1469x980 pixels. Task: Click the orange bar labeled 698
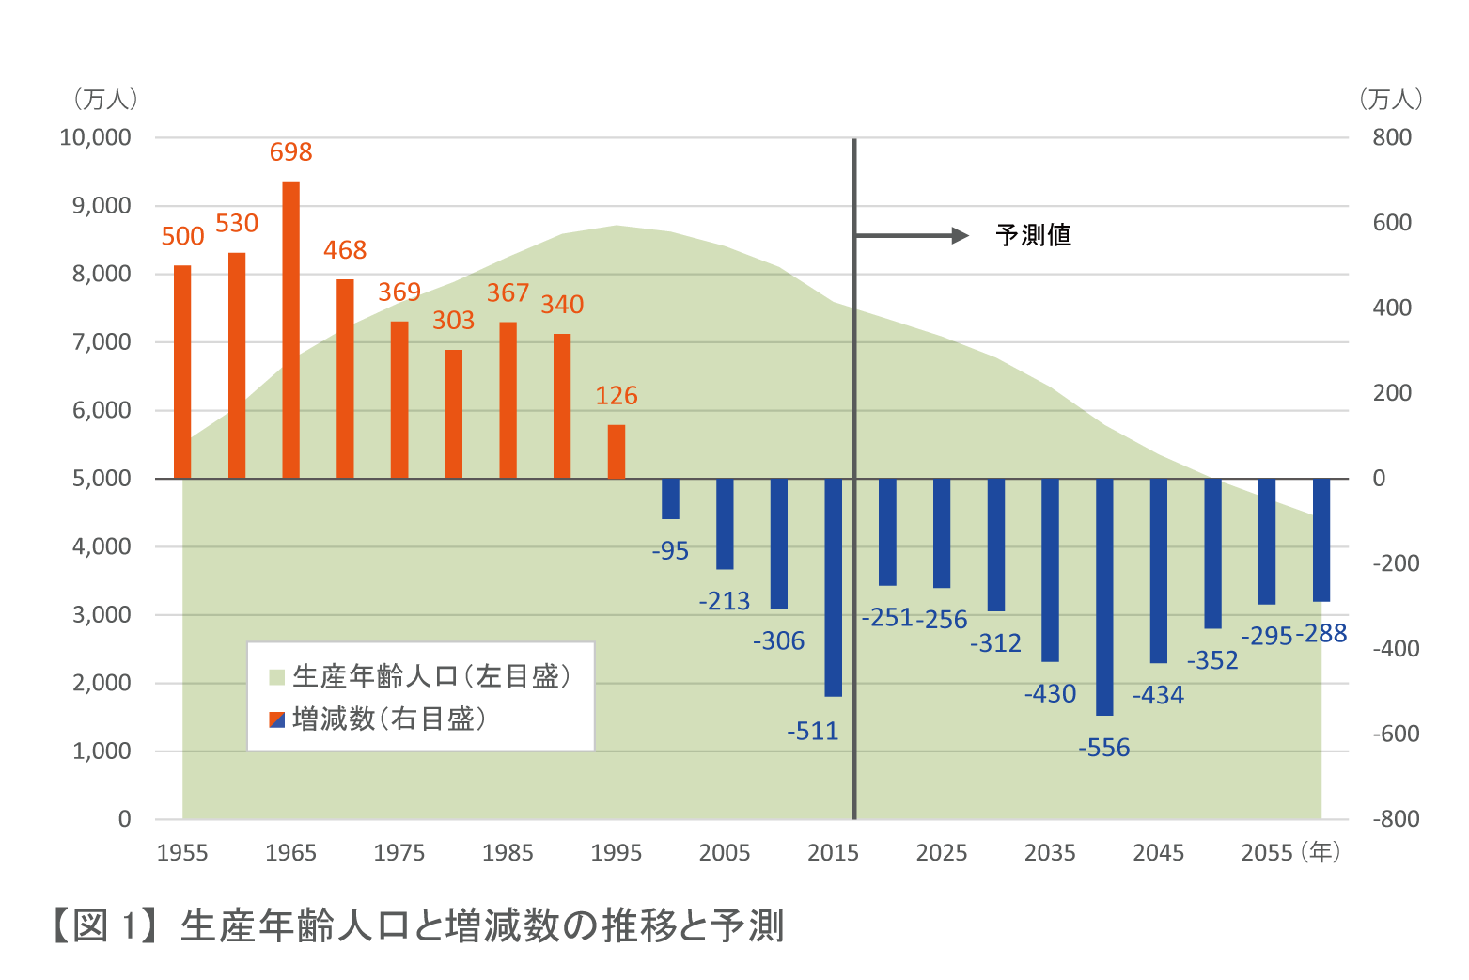(x=291, y=329)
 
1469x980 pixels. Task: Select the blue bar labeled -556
(x=1104, y=596)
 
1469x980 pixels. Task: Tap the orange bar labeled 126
(x=617, y=451)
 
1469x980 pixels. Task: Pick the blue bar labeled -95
(x=670, y=498)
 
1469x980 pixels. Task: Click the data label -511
(x=813, y=732)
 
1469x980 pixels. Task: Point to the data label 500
(x=182, y=237)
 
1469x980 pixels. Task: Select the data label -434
(x=1158, y=696)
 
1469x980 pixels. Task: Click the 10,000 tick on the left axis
(x=96, y=138)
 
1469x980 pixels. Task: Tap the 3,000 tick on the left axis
(x=102, y=615)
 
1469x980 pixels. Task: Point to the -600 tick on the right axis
(x=1396, y=734)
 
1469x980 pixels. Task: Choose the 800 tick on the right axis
(x=1392, y=138)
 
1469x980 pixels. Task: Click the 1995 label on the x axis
(x=617, y=853)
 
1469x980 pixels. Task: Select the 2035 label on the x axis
(x=1050, y=853)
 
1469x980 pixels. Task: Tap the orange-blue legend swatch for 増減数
(x=277, y=720)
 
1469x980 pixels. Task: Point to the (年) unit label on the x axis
(x=1321, y=852)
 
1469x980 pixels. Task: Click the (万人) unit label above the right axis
(x=1391, y=99)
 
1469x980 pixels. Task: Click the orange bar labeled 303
(x=454, y=414)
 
